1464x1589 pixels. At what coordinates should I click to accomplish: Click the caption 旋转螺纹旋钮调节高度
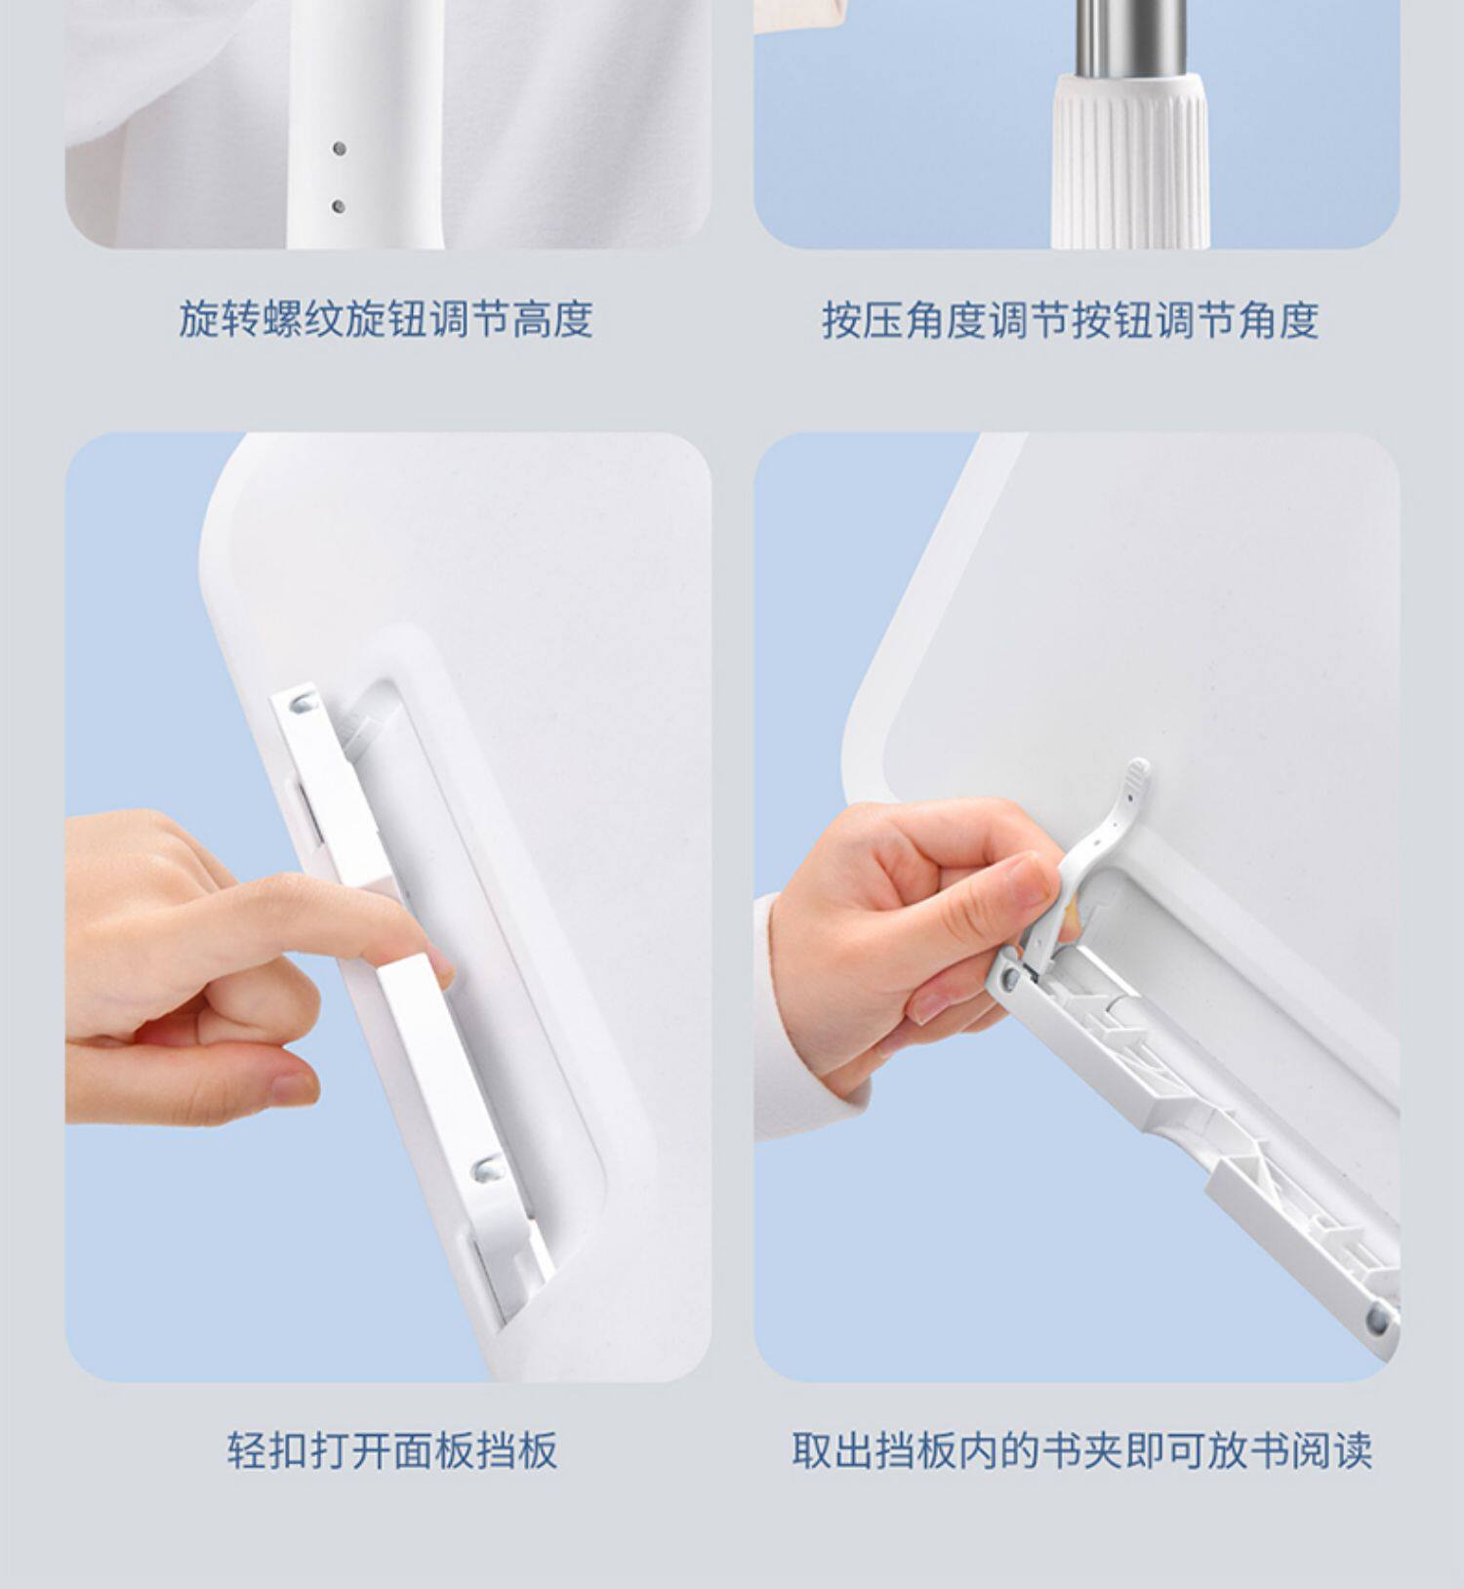386,319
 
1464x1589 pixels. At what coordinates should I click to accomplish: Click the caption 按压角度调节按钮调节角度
1071,319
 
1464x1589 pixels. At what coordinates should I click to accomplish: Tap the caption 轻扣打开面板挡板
392,1449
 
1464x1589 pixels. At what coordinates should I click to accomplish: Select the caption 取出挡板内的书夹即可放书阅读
1081,1449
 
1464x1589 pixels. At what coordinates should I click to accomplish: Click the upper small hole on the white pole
339,148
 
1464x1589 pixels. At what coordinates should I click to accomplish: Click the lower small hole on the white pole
339,206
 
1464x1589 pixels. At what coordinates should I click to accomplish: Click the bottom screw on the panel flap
485,1167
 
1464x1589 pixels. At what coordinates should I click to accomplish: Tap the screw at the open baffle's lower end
1378,1320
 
